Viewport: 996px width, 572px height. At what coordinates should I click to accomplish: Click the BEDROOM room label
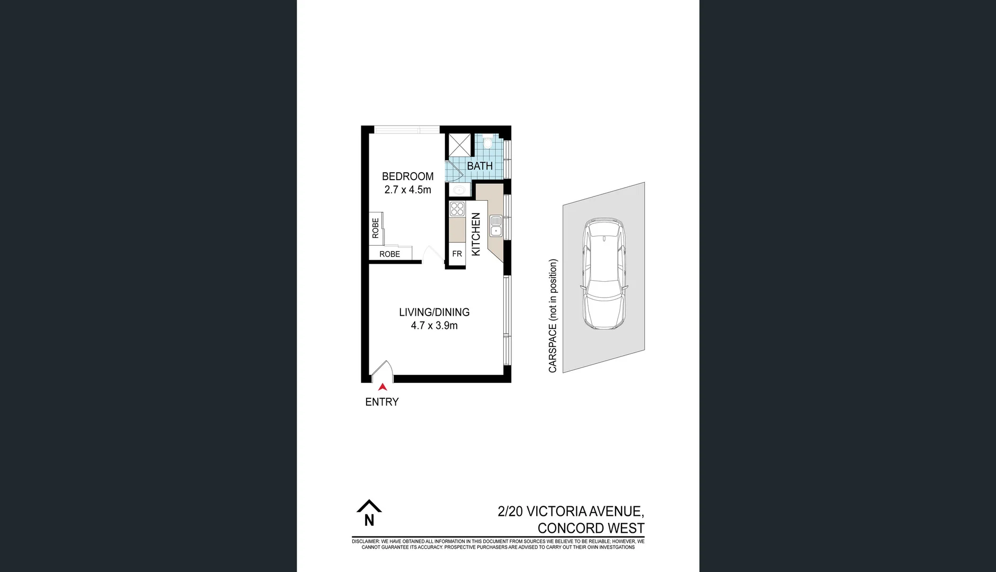tap(407, 176)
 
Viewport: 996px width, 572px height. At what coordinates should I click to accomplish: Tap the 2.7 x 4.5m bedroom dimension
tap(407, 190)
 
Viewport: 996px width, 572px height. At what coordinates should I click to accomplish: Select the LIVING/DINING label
tap(434, 312)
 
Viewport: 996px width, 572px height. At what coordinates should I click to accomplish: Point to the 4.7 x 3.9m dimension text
tap(434, 326)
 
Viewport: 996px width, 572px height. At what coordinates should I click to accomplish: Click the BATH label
tap(479, 166)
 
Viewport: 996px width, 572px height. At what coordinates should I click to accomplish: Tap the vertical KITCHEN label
tap(476, 234)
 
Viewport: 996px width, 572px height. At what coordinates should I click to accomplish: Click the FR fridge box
tap(457, 254)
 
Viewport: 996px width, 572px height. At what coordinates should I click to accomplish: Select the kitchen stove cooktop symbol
tap(457, 209)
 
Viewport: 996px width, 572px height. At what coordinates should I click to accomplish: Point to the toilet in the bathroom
tap(488, 142)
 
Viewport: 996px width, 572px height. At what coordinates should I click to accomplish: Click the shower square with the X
tap(459, 145)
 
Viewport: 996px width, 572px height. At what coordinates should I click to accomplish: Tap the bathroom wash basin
tap(457, 190)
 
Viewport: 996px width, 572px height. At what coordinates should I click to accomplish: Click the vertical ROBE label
tap(376, 228)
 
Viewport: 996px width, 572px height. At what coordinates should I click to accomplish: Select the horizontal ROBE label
tap(389, 254)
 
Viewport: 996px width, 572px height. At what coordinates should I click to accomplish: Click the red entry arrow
tap(383, 387)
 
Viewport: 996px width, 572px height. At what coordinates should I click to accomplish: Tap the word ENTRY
tap(381, 402)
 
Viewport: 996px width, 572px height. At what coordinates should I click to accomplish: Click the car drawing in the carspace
tap(603, 275)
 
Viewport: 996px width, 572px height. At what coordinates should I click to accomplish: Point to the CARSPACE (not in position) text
tap(553, 316)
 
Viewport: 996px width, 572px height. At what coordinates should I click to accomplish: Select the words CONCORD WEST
tap(591, 528)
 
